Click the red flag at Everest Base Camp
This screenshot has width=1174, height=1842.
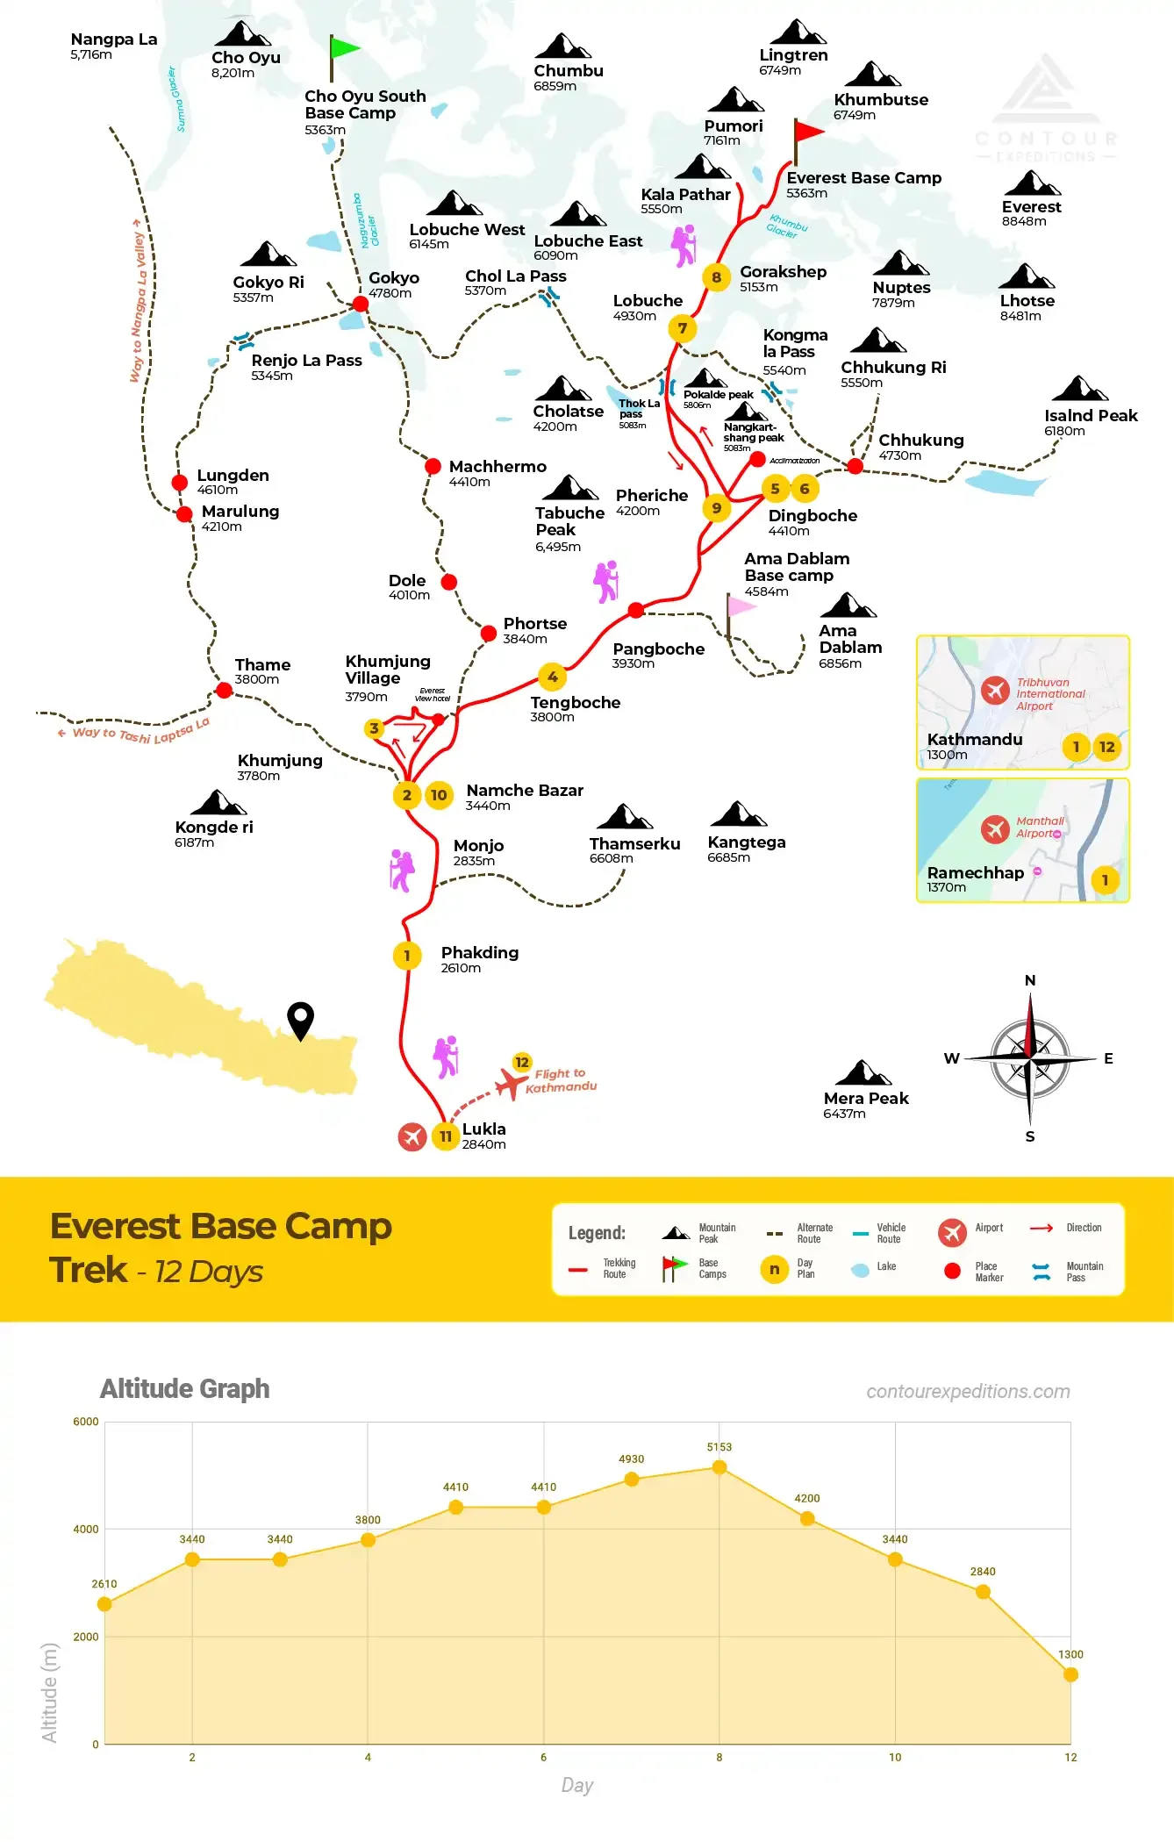807,133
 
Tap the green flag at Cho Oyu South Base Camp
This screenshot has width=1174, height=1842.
343,49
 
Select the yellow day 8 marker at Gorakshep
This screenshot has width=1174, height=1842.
716,277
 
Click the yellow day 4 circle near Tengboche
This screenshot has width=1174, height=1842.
552,677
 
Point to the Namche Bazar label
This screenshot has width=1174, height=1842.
524,791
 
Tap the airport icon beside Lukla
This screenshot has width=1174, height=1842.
412,1136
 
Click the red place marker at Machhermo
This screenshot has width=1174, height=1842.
433,466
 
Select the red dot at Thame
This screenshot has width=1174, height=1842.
224,691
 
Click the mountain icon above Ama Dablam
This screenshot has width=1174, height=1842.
847,606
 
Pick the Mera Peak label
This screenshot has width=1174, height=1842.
865,1099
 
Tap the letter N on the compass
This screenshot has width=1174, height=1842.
1030,980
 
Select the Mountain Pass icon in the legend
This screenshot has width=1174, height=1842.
1042,1272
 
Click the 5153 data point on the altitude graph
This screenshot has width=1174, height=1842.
719,1467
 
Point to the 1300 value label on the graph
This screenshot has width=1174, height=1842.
1070,1654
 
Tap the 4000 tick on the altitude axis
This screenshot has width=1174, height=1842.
86,1530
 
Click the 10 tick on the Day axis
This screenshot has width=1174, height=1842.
895,1757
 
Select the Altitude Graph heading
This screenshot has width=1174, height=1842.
184,1389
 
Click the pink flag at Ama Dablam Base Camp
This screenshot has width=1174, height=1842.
741,606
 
